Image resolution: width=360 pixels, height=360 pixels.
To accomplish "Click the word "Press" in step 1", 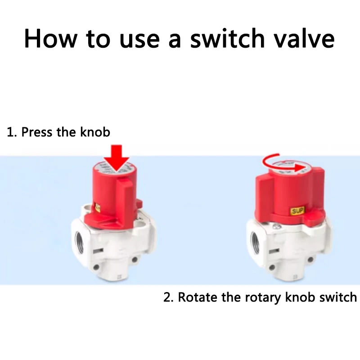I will [38, 132].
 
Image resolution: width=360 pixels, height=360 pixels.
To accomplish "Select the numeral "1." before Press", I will [12, 132].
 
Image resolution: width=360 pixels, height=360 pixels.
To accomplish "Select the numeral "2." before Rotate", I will [168, 297].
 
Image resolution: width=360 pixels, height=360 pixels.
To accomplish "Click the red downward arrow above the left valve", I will [116, 158].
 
